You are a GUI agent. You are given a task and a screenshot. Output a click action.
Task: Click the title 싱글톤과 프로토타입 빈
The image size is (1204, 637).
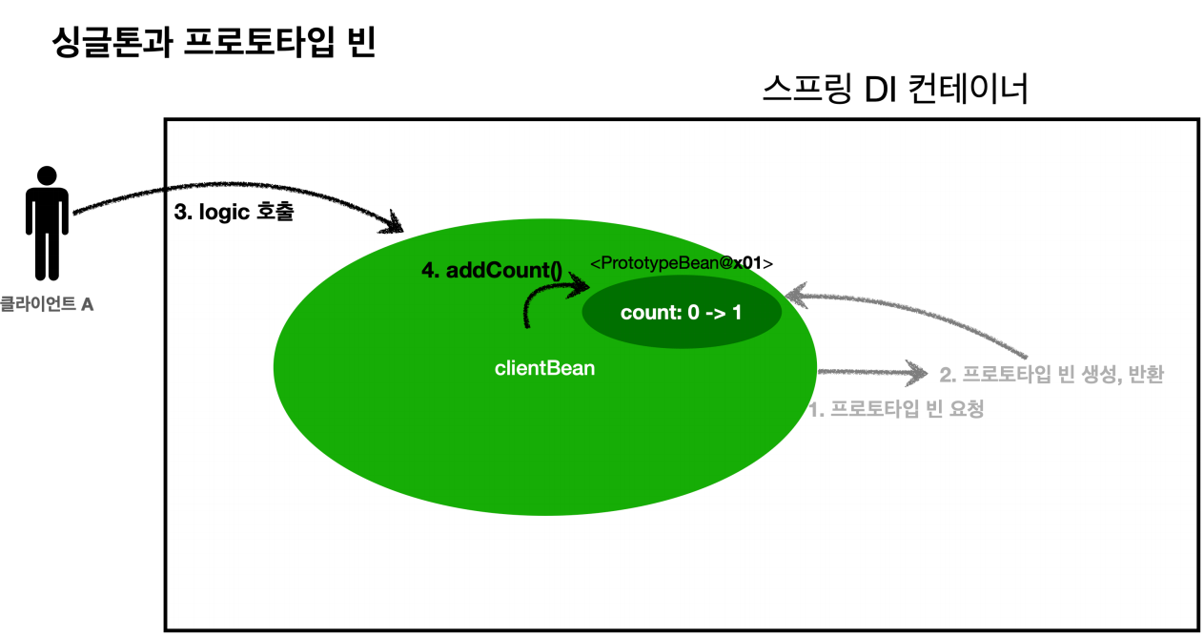click(x=214, y=44)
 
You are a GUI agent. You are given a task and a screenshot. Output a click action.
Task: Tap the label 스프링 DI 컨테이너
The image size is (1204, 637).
click(x=895, y=91)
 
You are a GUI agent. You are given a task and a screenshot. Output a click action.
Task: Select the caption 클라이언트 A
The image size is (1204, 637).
click(x=47, y=305)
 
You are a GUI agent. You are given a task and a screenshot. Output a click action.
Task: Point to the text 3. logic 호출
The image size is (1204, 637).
click(x=234, y=214)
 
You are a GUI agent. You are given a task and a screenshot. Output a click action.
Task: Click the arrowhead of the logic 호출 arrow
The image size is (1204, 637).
click(x=396, y=226)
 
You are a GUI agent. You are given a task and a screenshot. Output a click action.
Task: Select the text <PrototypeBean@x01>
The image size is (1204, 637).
click(x=682, y=263)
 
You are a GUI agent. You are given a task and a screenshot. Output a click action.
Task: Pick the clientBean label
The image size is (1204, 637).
click(x=544, y=368)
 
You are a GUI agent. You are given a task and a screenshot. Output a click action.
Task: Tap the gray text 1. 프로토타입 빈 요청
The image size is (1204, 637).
click(x=896, y=410)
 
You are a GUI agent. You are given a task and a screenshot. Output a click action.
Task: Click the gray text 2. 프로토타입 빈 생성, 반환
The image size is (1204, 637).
click(x=1051, y=375)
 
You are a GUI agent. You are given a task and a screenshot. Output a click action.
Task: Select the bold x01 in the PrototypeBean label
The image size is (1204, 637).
click(x=747, y=263)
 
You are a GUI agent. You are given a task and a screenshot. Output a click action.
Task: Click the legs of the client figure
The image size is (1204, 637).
click(x=47, y=257)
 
